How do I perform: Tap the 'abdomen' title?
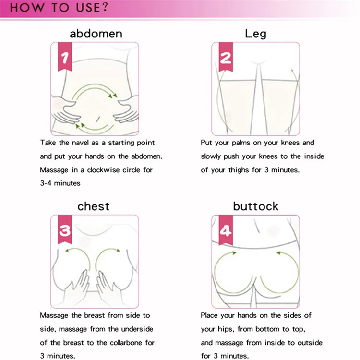tap(96, 34)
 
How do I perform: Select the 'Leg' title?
tap(255, 34)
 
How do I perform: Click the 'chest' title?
tap(93, 206)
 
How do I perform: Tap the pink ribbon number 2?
tap(226, 58)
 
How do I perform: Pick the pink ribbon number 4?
tap(226, 231)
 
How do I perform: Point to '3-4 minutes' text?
tap(60, 183)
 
